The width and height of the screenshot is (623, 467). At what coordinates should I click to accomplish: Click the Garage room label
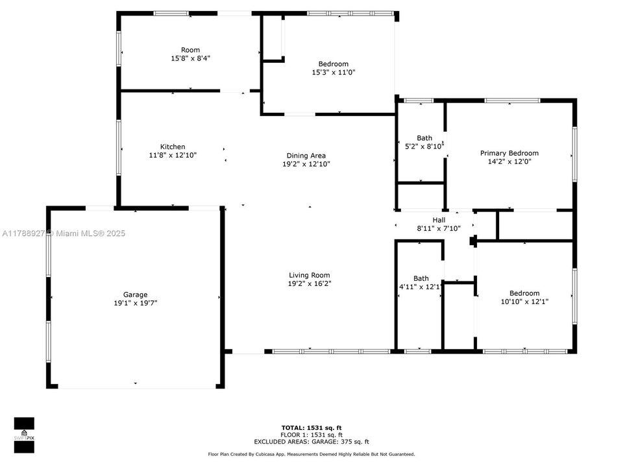click(x=136, y=294)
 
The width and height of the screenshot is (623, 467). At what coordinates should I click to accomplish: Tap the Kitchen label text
click(x=173, y=147)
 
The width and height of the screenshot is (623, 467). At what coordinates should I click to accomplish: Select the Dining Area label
click(x=306, y=156)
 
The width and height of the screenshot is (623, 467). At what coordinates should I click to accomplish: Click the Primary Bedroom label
click(x=509, y=154)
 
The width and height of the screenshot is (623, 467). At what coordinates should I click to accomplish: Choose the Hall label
click(x=439, y=220)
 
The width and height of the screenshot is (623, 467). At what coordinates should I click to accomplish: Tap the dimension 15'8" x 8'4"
click(x=190, y=58)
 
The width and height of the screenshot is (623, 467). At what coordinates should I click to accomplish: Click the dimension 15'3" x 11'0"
click(x=333, y=73)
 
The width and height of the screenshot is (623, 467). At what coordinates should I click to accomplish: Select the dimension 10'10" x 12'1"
click(x=524, y=302)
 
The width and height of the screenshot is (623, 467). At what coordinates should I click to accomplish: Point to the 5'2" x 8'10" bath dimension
click(x=423, y=147)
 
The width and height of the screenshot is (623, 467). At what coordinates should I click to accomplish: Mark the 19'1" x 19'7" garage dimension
click(x=136, y=303)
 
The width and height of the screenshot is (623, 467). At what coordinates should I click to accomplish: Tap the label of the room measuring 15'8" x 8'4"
click(x=190, y=50)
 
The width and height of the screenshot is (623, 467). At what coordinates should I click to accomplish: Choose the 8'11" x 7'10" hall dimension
click(x=438, y=228)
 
